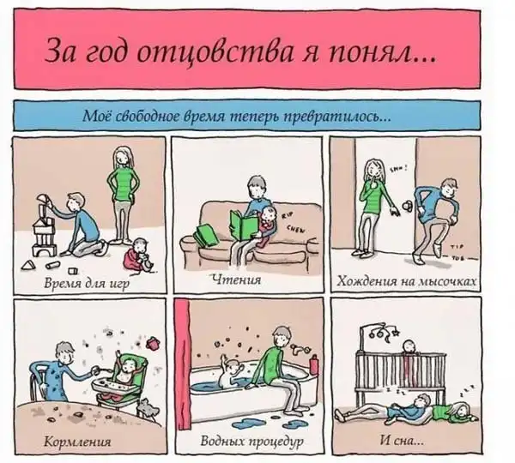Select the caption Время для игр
(87, 283)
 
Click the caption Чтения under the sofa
(237, 280)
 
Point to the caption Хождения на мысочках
(407, 281)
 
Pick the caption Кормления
(77, 442)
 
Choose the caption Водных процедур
(251, 442)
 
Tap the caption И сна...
(402, 440)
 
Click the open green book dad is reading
(244, 225)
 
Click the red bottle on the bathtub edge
(313, 364)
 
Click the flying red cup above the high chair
(153, 342)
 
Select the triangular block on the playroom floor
(28, 265)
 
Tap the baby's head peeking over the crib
(409, 346)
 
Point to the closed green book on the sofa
(206, 234)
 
